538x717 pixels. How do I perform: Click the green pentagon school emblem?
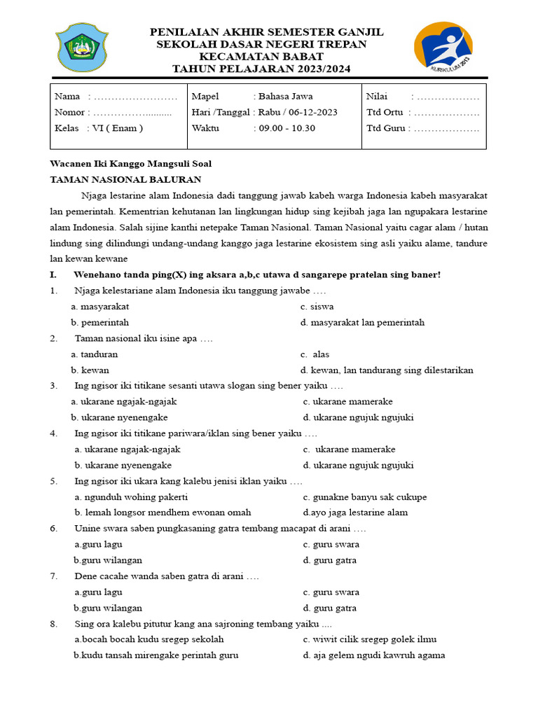pos(82,47)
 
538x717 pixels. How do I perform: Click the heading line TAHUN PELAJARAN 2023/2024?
pos(262,69)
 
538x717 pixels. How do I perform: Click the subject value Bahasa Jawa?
pos(285,97)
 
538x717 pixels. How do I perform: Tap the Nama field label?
pos(67,97)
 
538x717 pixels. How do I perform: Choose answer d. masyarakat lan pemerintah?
pos(362,323)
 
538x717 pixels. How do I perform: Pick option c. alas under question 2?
pos(315,354)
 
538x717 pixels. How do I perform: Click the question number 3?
pos(54,386)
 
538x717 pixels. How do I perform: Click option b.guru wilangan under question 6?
pos(108,560)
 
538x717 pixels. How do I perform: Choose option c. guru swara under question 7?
pos(331,592)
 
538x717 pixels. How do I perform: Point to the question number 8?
pos(54,624)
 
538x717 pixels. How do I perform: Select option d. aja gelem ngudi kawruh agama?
pos(373,655)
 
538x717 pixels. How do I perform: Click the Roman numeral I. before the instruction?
pos(53,274)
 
